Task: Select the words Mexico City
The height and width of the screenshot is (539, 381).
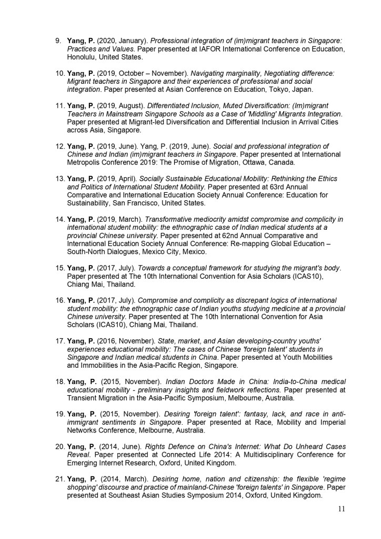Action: pos(162,252)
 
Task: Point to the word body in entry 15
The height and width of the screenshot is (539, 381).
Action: pos(331,268)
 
